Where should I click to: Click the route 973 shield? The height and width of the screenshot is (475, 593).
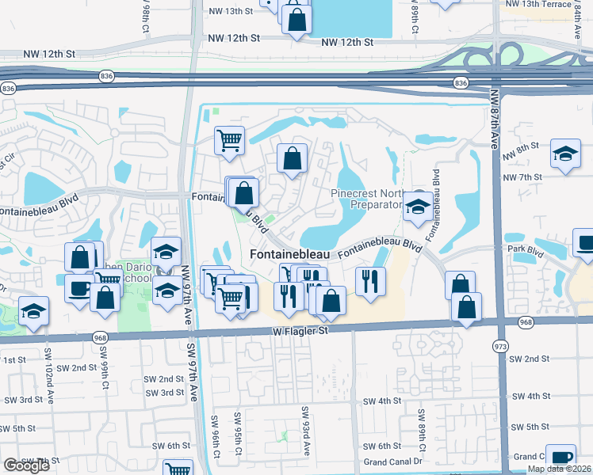pos(500,347)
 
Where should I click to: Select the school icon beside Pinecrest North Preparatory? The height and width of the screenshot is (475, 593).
pos(417,207)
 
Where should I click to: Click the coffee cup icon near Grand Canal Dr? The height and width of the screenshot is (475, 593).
pos(560,458)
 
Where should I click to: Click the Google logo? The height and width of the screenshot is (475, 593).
pos(26,465)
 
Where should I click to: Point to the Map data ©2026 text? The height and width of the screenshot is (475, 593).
pos(560,469)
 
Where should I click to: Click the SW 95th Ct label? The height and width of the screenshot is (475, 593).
pos(237,433)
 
